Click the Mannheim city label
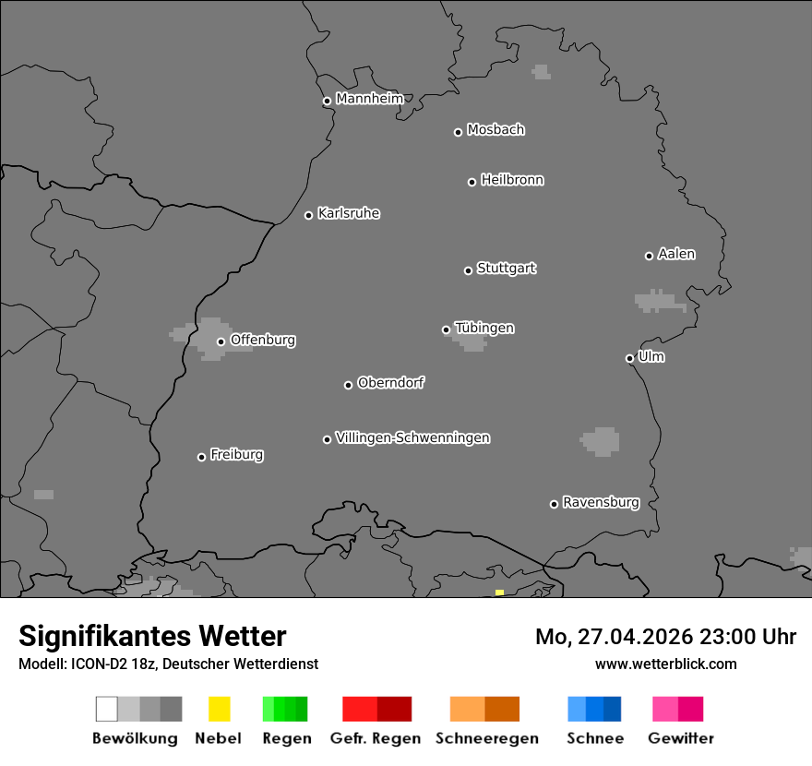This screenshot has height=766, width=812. pyautogui.click(x=369, y=99)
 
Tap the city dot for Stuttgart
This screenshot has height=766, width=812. pyautogui.click(x=468, y=270)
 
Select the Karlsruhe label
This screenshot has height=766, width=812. pyautogui.click(x=348, y=213)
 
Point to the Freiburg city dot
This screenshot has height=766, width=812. pyautogui.click(x=201, y=457)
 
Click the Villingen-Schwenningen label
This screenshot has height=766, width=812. pyautogui.click(x=412, y=437)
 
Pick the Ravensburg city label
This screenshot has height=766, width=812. pyautogui.click(x=601, y=502)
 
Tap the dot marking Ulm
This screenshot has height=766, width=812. pyautogui.click(x=629, y=358)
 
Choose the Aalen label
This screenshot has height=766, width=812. pyautogui.click(x=676, y=254)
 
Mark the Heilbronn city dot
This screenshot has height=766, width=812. pyautogui.click(x=472, y=182)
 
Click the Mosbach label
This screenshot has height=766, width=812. pyautogui.click(x=496, y=130)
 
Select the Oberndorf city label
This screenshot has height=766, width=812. pyautogui.click(x=390, y=382)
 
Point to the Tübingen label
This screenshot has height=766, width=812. pyautogui.click(x=484, y=328)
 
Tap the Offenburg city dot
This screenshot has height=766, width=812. pyautogui.click(x=221, y=341)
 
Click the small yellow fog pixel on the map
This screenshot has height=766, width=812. pyautogui.click(x=499, y=592)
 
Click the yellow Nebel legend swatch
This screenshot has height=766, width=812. pyautogui.click(x=219, y=709)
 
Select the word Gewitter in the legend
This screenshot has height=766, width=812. pyautogui.click(x=681, y=738)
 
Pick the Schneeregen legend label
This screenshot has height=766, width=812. pyautogui.click(x=486, y=738)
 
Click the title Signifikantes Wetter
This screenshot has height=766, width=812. pyautogui.click(x=152, y=636)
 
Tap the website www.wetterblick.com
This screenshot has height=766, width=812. pyautogui.click(x=665, y=664)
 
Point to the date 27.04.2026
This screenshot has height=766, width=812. pyautogui.click(x=632, y=637)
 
